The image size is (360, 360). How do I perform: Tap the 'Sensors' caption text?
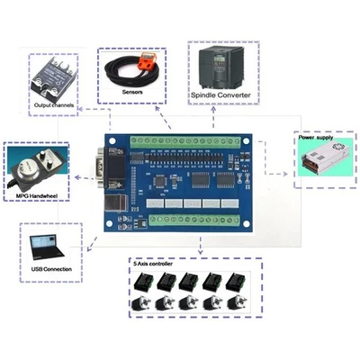(x=132, y=92)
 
